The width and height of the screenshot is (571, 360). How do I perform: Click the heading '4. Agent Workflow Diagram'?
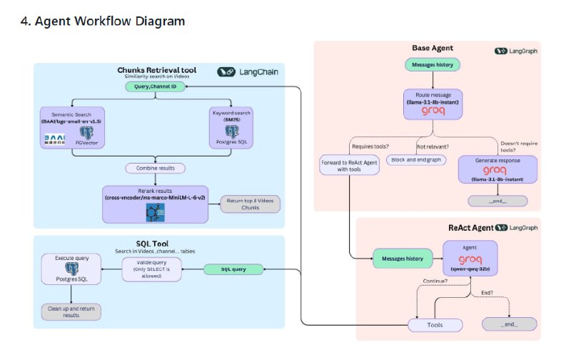tap(103, 21)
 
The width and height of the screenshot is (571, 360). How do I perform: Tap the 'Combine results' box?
tap(155, 168)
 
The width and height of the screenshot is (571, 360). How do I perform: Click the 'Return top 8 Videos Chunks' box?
tap(250, 204)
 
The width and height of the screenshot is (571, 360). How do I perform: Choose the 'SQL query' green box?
tap(228, 269)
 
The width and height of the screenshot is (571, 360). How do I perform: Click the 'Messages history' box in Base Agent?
tap(433, 65)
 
